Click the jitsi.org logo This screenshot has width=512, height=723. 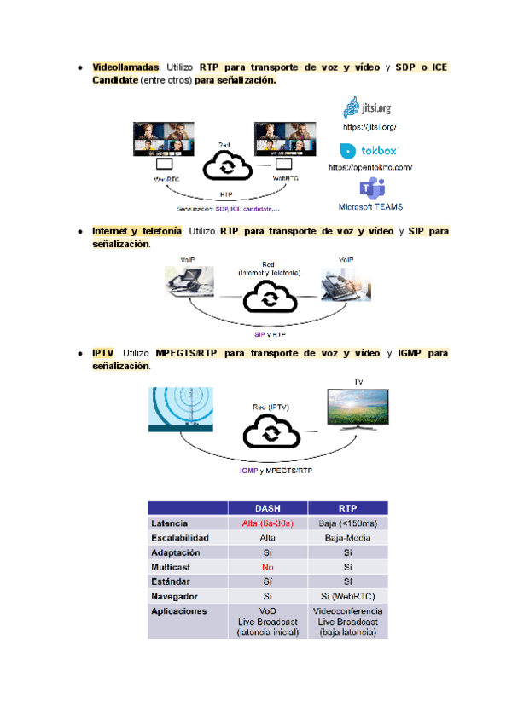[368, 107]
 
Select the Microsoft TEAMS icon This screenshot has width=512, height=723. [370, 188]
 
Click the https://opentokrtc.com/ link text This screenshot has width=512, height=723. [370, 167]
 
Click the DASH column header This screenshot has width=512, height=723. [267, 507]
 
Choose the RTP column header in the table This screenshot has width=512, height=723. [347, 507]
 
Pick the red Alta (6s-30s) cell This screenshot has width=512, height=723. [267, 523]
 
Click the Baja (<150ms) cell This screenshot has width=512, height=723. [347, 523]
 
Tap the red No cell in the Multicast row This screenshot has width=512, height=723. [267, 567]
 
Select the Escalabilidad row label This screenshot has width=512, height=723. [181, 537]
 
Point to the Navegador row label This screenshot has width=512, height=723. [176, 596]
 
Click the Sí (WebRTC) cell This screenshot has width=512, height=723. [347, 596]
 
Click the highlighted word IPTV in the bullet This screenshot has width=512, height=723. [102, 353]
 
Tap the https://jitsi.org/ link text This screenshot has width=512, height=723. [370, 127]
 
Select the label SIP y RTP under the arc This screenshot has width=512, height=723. [270, 335]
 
